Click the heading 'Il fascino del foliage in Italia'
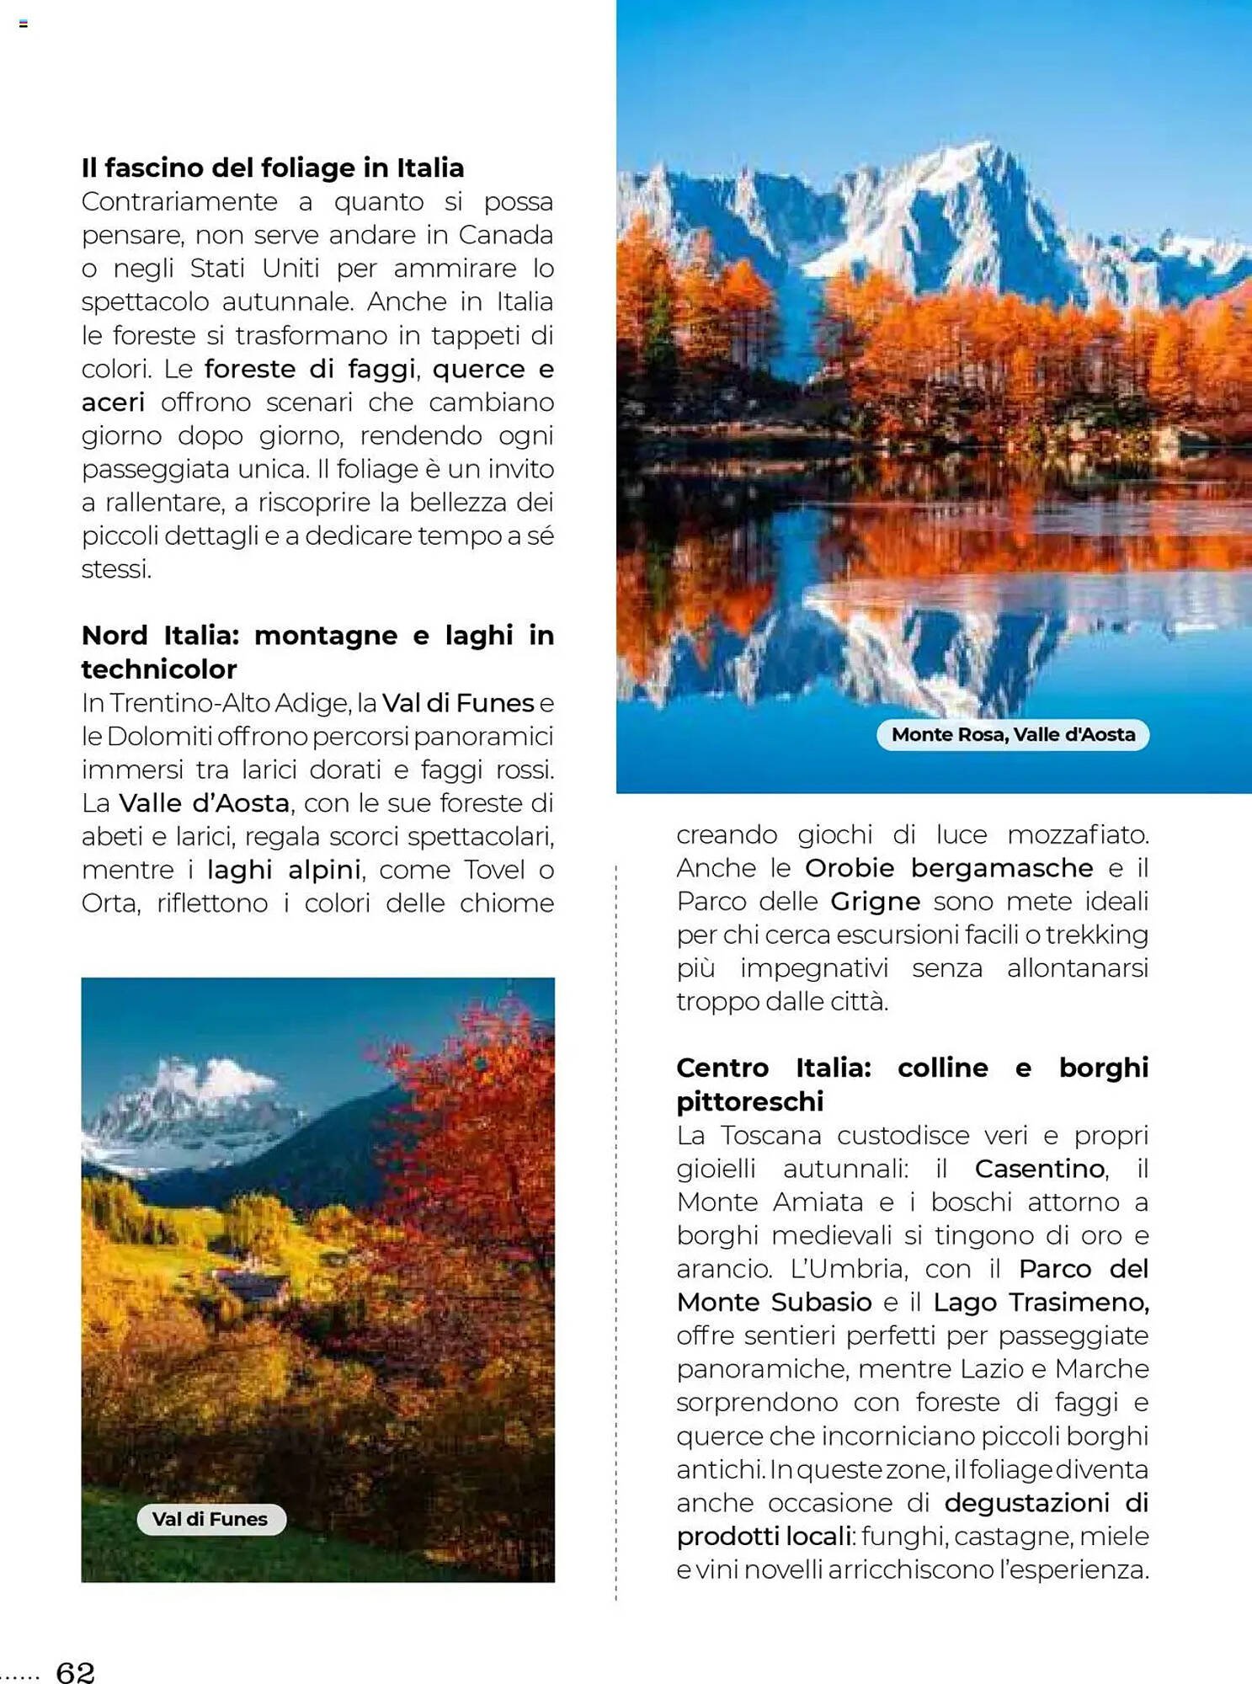[272, 168]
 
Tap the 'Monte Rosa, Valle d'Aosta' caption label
[1013, 734]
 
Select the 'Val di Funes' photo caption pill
[210, 1519]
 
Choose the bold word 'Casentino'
[1039, 1169]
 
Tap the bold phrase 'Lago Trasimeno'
[1041, 1303]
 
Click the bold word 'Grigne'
[875, 902]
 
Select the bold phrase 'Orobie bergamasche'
[948, 868]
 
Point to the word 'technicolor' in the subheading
[159, 669]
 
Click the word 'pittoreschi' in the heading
[749, 1101]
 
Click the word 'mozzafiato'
[1078, 834]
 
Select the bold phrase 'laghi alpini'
[284, 870]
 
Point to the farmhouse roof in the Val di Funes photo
[253, 1284]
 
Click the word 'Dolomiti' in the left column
[159, 737]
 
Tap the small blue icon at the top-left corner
[24, 24]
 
